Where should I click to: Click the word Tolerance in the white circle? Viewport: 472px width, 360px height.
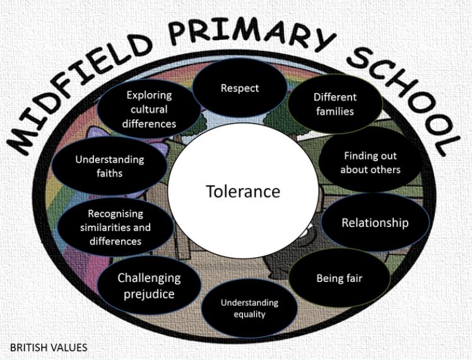(243, 191)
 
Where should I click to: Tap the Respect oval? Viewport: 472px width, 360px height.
(240, 88)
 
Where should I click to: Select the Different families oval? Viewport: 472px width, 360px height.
(334, 104)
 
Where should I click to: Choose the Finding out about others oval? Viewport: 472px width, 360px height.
(370, 163)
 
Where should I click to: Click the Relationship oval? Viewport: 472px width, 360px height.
(375, 223)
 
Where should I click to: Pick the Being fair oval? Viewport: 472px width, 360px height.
(339, 278)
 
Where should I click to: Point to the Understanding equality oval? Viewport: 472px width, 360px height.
(249, 308)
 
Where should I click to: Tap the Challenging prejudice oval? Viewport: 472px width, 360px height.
(149, 286)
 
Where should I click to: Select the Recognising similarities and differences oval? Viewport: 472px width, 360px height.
(115, 228)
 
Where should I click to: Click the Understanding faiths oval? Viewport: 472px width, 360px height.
(110, 166)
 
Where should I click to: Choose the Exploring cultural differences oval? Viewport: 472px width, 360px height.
(149, 109)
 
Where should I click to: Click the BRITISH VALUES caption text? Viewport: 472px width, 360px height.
(49, 347)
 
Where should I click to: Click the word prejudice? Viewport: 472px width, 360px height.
(149, 294)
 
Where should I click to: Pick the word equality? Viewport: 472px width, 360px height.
(249, 315)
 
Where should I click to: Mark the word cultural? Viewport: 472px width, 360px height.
(149, 109)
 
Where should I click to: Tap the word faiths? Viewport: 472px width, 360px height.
(110, 173)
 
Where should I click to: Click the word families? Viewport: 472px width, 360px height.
(334, 112)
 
